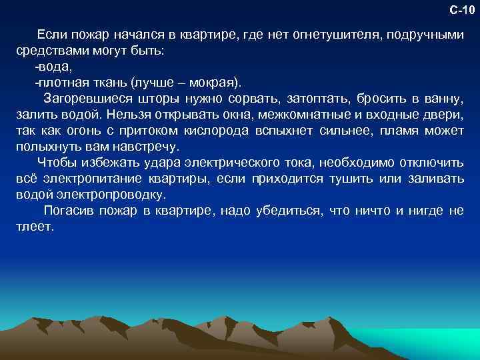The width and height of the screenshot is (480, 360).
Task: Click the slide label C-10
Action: tap(461, 9)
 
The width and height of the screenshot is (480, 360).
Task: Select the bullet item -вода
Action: tap(53, 67)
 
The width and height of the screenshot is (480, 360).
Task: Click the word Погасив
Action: tap(65, 211)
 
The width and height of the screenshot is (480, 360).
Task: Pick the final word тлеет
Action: tap(33, 227)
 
